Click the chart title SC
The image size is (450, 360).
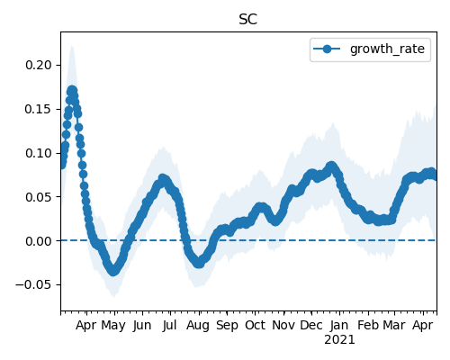pyautogui.click(x=247, y=20)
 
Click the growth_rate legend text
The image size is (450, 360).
pyautogui.click(x=387, y=49)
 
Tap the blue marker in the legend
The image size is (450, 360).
pyautogui.click(x=327, y=49)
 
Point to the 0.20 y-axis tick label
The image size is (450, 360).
pyautogui.click(x=38, y=65)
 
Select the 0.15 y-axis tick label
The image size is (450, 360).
pyautogui.click(x=38, y=109)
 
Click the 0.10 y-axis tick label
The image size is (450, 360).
pyautogui.click(x=38, y=153)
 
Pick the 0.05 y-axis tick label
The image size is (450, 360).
pyautogui.click(x=38, y=197)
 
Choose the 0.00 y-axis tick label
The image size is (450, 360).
pyautogui.click(x=38, y=241)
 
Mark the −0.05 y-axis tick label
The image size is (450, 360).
pyautogui.click(x=33, y=284)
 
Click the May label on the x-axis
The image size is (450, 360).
pyautogui.click(x=113, y=326)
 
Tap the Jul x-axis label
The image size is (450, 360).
pyautogui.click(x=169, y=326)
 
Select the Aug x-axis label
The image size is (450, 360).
pyautogui.click(x=198, y=326)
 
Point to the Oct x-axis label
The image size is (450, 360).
pyautogui.click(x=255, y=325)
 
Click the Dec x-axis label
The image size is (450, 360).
pyautogui.click(x=311, y=325)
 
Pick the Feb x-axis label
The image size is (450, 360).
pyautogui.click(x=368, y=325)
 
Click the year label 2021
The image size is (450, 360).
pyautogui.click(x=339, y=340)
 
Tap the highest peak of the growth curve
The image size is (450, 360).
pyautogui.click(x=72, y=90)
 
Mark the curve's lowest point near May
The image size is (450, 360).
pyautogui.click(x=113, y=271)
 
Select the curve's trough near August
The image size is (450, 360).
pyautogui.click(x=199, y=264)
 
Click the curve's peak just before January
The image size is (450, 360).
pyautogui.click(x=331, y=166)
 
